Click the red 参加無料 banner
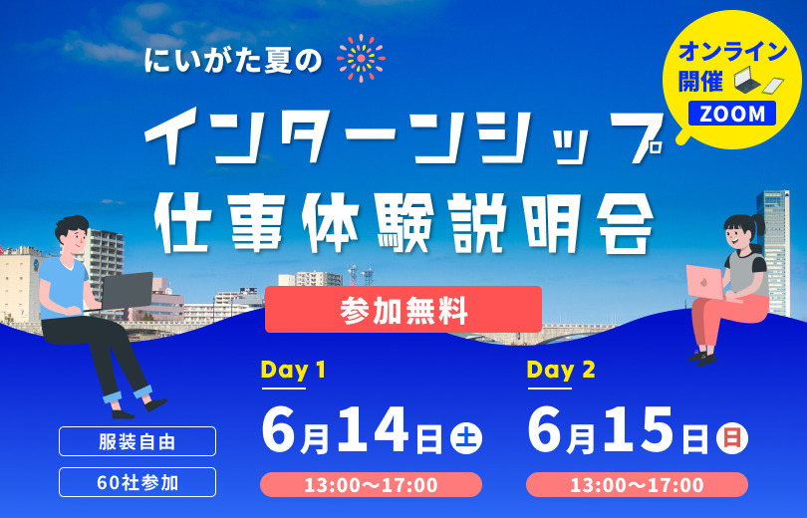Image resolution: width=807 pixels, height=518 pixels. [x=403, y=309]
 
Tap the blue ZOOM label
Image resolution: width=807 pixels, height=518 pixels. [x=732, y=114]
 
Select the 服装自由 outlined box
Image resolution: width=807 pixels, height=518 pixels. [x=137, y=441]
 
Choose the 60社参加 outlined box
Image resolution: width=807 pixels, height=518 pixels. [x=137, y=482]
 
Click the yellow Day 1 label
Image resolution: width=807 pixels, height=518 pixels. [x=293, y=370]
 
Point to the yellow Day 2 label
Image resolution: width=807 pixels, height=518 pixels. [x=561, y=370]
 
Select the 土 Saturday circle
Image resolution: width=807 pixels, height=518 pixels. [x=466, y=438]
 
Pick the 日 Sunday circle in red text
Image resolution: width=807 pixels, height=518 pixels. [x=732, y=438]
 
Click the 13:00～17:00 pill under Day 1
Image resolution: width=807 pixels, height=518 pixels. [x=371, y=484]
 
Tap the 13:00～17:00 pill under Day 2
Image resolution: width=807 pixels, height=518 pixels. [x=638, y=484]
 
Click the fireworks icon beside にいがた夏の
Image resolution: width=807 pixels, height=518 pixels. [x=362, y=58]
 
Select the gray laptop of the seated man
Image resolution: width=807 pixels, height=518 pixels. [x=127, y=290]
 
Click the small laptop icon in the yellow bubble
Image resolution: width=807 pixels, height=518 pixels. [x=747, y=81]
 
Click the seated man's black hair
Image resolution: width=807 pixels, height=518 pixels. [x=71, y=225]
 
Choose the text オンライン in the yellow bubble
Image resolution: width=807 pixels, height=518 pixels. [x=733, y=51]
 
